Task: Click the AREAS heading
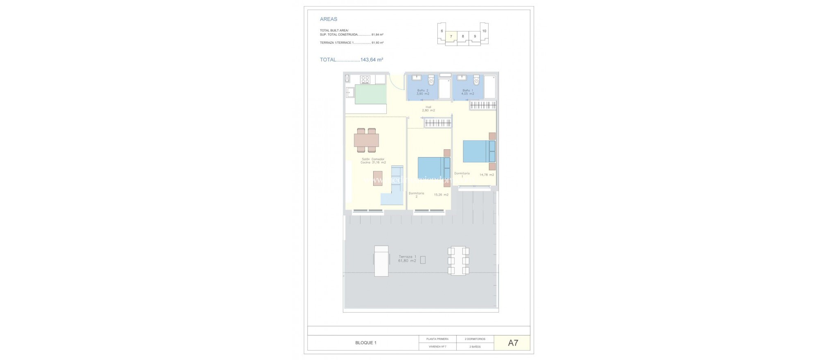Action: (329, 19)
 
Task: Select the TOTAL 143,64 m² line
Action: (351, 60)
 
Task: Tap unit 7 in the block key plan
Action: (451, 36)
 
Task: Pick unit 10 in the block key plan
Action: (484, 31)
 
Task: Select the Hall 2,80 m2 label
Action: (428, 109)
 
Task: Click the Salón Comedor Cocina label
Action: (373, 161)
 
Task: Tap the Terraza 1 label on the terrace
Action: (407, 259)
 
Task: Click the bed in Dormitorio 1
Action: (479, 151)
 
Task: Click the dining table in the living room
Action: (80, 140)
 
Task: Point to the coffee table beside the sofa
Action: (91, 178)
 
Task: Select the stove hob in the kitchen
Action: (79, 79)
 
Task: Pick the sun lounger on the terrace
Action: (95, 261)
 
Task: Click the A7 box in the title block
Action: (513, 343)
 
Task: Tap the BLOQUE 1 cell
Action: (365, 343)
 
